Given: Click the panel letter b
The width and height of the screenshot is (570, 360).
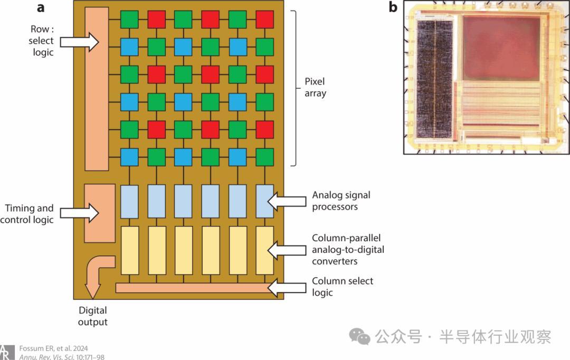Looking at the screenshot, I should point(393,7).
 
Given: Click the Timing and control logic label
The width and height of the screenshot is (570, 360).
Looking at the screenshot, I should point(30,213).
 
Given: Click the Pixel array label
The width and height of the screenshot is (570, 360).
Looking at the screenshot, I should point(316,88).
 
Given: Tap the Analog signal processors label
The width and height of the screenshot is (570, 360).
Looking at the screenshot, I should point(341,201).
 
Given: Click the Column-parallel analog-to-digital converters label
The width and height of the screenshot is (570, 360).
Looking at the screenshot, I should point(346,249).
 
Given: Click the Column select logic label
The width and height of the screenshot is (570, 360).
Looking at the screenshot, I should point(342,286).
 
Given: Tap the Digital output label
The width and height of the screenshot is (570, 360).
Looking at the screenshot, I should point(93,316).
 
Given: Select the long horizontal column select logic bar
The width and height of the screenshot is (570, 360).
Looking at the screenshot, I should point(195,288).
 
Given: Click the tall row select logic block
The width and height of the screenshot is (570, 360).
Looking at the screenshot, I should point(96,89).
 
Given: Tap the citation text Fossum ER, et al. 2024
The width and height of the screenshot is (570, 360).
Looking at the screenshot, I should point(53,348).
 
